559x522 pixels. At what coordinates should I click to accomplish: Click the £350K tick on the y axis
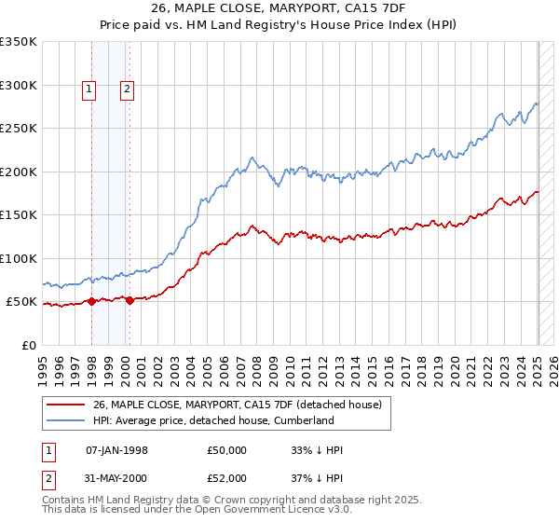pyautogui.click(x=19, y=42)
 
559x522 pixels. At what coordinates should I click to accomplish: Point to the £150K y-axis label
pyautogui.click(x=19, y=214)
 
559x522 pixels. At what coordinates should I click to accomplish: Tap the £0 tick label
pyautogui.click(x=29, y=345)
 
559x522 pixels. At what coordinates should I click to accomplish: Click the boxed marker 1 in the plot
pyautogui.click(x=89, y=89)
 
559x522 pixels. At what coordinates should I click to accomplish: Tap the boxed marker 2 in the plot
pyautogui.click(x=126, y=89)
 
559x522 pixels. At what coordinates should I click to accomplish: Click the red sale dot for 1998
pyautogui.click(x=92, y=301)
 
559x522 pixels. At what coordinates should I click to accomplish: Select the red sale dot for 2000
pyautogui.click(x=130, y=300)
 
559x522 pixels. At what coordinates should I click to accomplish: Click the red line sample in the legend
pyautogui.click(x=65, y=405)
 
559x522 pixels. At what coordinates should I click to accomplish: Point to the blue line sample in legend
pyautogui.click(x=65, y=420)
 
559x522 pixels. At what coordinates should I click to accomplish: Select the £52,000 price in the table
pyautogui.click(x=227, y=477)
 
